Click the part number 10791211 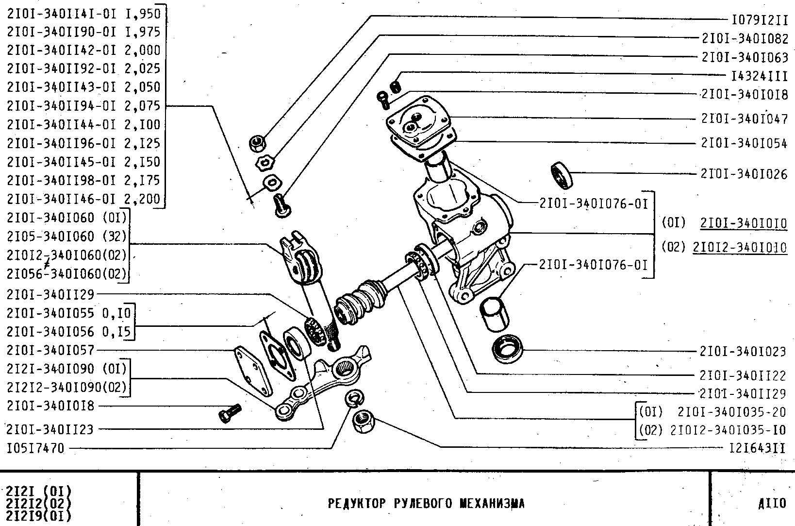tap(759, 20)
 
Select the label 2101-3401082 tap(745, 38)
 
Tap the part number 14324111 tap(759, 76)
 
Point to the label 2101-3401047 tap(744, 119)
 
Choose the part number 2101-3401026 tap(744, 174)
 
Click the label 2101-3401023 tap(743, 351)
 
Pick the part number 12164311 tap(757, 448)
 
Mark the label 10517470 tap(35, 448)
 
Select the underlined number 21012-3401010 tap(740, 247)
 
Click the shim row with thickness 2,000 tap(83, 50)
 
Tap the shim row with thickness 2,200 tap(83, 199)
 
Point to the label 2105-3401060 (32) tap(66, 236)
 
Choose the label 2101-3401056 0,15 tap(68, 331)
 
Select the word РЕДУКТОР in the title tap(357, 504)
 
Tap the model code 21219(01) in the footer tap(39, 515)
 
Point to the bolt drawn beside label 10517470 tap(230, 412)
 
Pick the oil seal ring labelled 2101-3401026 tap(562, 175)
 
